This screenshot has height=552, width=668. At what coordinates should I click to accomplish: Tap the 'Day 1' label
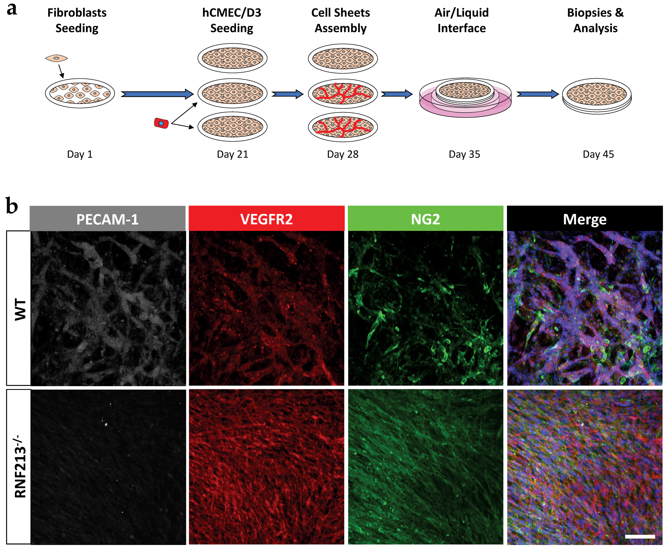click(80, 154)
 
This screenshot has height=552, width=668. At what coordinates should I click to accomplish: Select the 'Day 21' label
click(232, 154)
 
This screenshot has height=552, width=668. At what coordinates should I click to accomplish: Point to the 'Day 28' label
click(343, 154)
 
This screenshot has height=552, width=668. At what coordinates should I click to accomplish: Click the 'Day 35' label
click(464, 154)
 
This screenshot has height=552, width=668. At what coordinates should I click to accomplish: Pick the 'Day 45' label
click(598, 154)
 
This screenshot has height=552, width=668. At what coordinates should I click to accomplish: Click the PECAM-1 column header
click(107, 219)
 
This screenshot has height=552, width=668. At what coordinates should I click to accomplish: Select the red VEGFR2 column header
click(267, 219)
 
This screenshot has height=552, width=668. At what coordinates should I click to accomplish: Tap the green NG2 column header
click(425, 219)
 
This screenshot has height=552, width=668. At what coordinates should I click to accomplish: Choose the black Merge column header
click(585, 219)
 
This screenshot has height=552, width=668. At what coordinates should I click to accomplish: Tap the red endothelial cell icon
click(161, 123)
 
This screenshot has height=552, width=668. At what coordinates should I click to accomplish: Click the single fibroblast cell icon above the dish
click(56, 58)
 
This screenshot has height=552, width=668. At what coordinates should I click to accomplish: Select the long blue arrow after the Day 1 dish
click(157, 94)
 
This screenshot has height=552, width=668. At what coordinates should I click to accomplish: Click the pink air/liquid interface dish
click(465, 98)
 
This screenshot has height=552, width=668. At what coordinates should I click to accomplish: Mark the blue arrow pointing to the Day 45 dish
click(537, 94)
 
